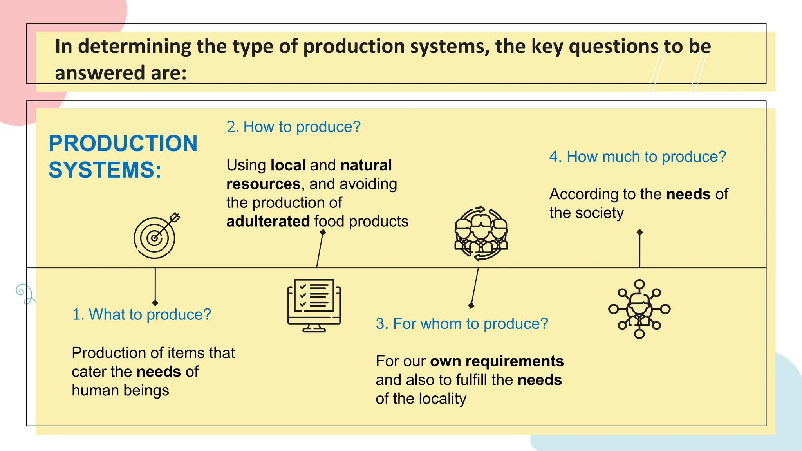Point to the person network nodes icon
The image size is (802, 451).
(639, 309)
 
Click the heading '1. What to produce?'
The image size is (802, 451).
(141, 315)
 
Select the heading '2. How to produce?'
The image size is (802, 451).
(293, 127)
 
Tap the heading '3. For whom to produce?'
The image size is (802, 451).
(462, 324)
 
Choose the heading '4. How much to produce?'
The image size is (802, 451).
(638, 157)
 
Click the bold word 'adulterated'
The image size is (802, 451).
(268, 222)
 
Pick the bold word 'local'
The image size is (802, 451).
(288, 165)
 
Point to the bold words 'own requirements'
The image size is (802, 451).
(497, 361)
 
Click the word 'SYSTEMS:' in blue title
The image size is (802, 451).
(105, 170)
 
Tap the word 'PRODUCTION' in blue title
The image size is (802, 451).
(123, 143)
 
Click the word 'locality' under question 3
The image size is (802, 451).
(443, 399)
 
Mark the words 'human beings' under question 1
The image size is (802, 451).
(120, 391)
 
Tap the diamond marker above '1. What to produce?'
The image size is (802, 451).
(155, 303)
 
